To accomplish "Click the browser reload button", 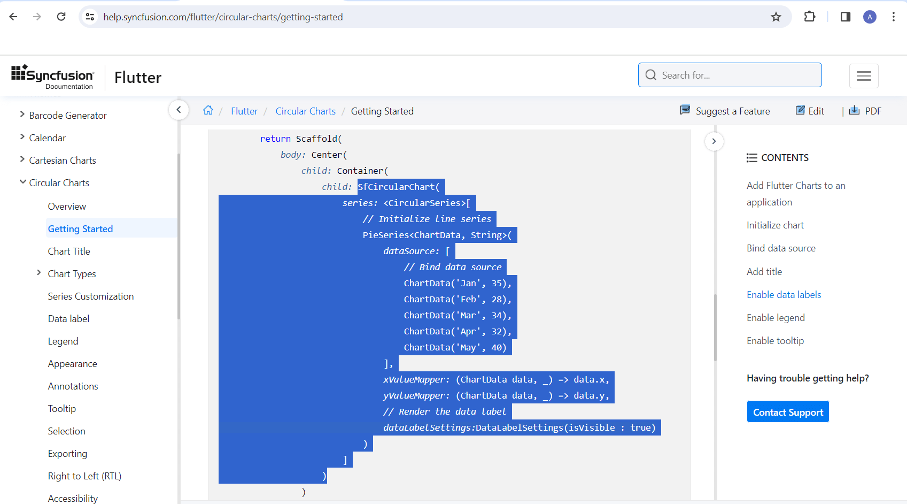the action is pyautogui.click(x=61, y=17).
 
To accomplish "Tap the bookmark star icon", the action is pyautogui.click(x=776, y=17).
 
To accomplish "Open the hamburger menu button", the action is pyautogui.click(x=864, y=76).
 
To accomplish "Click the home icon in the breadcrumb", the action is pyautogui.click(x=208, y=110).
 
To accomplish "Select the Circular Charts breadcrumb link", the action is pyautogui.click(x=305, y=111).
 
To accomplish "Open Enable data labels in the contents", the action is pyautogui.click(x=784, y=295).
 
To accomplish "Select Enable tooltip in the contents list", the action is pyautogui.click(x=775, y=341).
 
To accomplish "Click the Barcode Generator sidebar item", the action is pyautogui.click(x=68, y=116).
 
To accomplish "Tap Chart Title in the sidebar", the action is pyautogui.click(x=69, y=251).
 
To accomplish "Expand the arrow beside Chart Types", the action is pyautogui.click(x=39, y=273).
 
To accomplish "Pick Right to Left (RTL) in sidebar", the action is pyautogui.click(x=84, y=476).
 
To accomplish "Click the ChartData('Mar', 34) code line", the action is pyautogui.click(x=458, y=315).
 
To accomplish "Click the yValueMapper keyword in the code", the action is pyautogui.click(x=416, y=396).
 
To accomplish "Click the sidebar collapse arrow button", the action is pyautogui.click(x=179, y=110).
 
